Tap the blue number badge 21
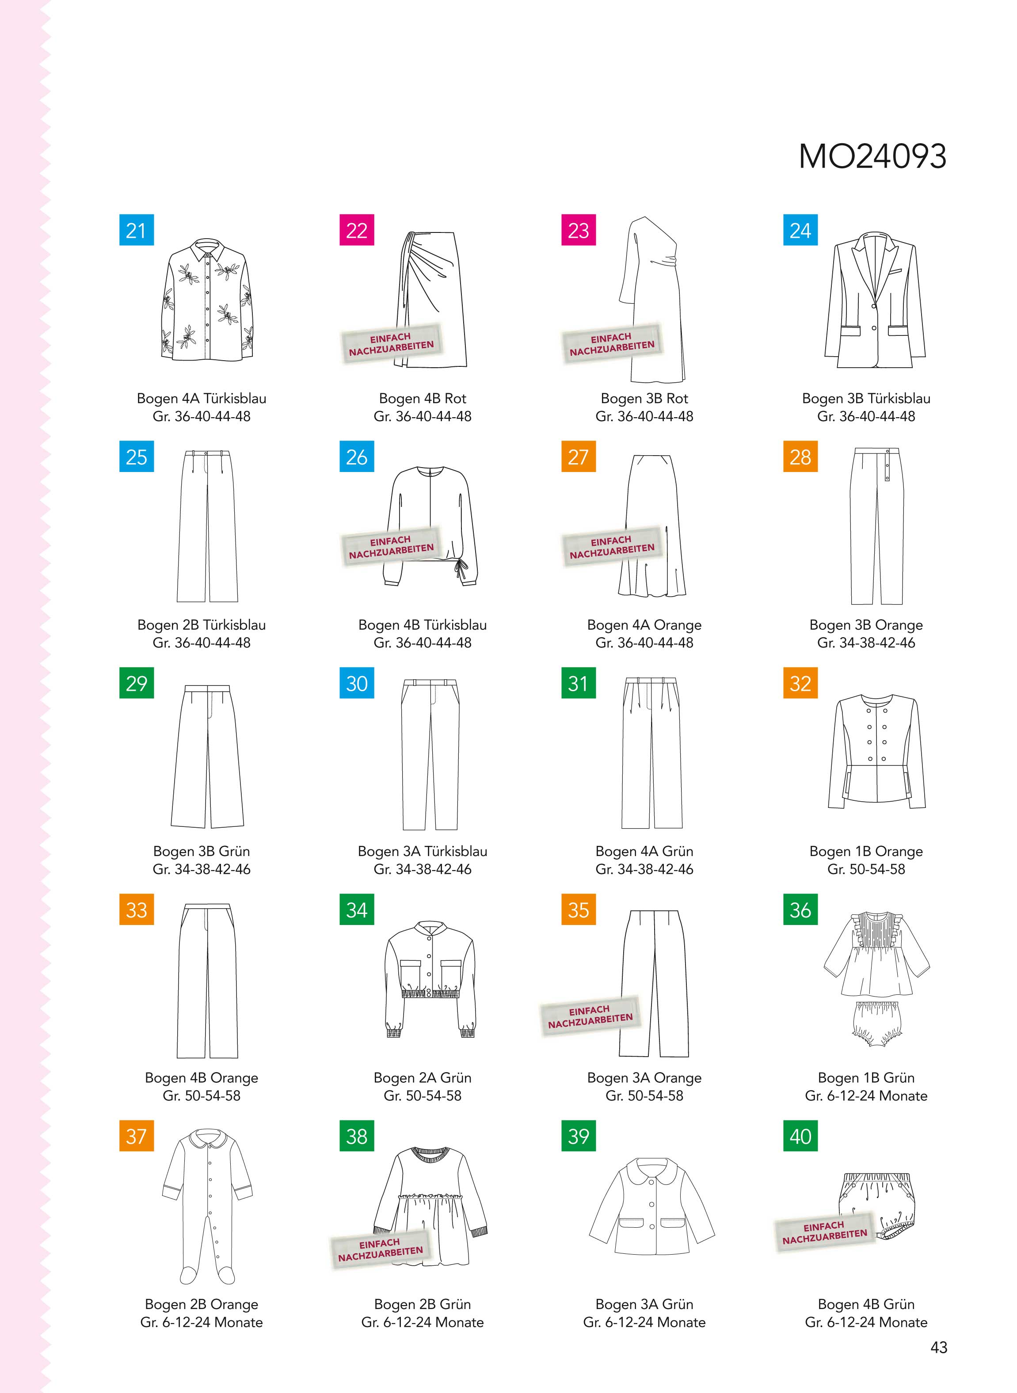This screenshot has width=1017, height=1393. (136, 230)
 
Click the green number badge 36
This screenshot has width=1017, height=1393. (800, 910)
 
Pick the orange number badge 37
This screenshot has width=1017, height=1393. (136, 1136)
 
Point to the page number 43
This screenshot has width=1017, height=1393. (939, 1347)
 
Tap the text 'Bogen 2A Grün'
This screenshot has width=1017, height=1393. (423, 1078)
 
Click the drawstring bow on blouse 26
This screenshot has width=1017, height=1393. (461, 572)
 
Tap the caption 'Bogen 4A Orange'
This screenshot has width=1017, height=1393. (644, 625)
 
